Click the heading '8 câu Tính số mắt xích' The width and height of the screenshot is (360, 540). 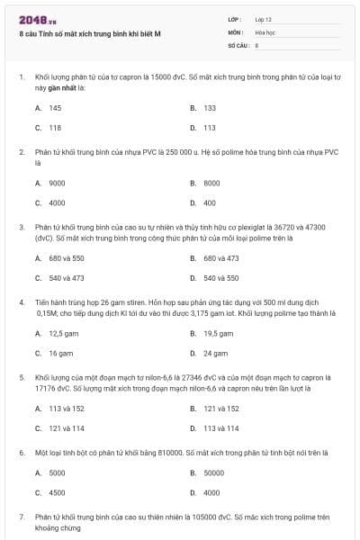pos(90,33)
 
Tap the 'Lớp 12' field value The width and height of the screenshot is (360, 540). pos(263,19)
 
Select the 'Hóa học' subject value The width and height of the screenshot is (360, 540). pos(265,31)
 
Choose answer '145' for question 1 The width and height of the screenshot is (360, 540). pos(55,107)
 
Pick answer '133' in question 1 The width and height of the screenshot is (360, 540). pos(210,107)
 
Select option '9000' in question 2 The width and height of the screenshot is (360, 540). pos(57,183)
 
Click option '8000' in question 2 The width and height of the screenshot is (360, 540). pos(211,183)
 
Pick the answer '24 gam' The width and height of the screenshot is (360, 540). pos(215,354)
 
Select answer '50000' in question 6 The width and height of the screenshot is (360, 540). pos(213,472)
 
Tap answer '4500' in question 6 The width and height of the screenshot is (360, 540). pos(57,492)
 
